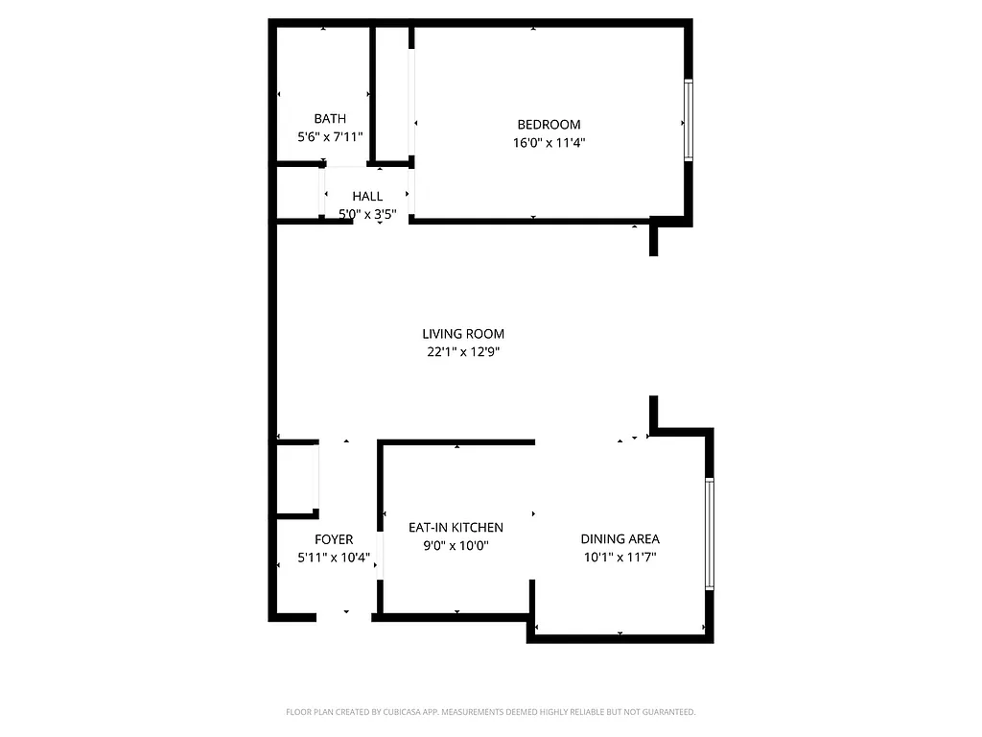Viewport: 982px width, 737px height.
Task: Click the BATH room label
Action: pyautogui.click(x=330, y=119)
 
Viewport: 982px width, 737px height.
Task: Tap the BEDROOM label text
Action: pyautogui.click(x=549, y=125)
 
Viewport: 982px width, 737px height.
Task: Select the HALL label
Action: pyautogui.click(x=367, y=197)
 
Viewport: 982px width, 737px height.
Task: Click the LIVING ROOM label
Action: pyautogui.click(x=463, y=334)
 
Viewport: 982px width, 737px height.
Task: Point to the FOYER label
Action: pyautogui.click(x=334, y=540)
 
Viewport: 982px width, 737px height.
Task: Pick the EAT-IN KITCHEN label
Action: pyautogui.click(x=456, y=528)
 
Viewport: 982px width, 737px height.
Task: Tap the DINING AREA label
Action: pyautogui.click(x=620, y=539)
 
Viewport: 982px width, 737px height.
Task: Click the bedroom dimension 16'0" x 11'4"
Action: pyautogui.click(x=549, y=143)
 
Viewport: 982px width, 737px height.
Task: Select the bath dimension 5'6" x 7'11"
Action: pyautogui.click(x=330, y=137)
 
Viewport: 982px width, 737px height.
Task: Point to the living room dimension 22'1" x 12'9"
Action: pyautogui.click(x=463, y=352)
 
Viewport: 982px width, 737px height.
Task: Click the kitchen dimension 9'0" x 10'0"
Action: pyautogui.click(x=456, y=546)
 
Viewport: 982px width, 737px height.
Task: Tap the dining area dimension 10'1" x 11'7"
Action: pyautogui.click(x=620, y=558)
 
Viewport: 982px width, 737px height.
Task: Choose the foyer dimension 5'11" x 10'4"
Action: pyautogui.click(x=334, y=558)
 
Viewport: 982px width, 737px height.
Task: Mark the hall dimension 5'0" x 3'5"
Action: pyautogui.click(x=367, y=215)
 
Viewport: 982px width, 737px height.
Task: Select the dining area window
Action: pyautogui.click(x=710, y=533)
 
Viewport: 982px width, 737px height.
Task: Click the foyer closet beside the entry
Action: pyautogui.click(x=296, y=480)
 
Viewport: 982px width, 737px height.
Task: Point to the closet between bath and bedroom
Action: pyautogui.click(x=391, y=94)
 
